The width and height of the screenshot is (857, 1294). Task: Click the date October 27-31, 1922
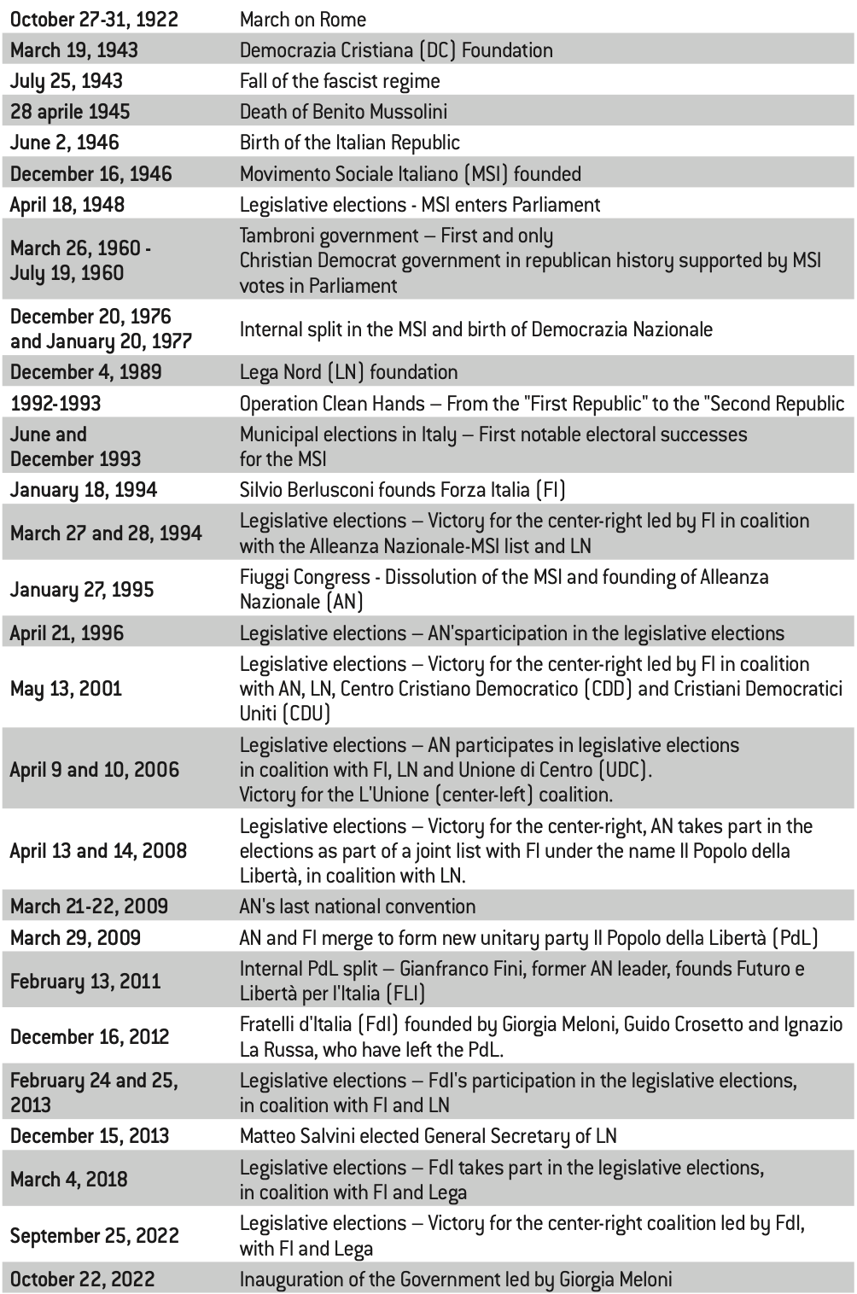click(94, 19)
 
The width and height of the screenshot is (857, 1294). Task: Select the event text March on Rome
click(303, 19)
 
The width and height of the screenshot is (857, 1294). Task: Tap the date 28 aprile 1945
click(70, 112)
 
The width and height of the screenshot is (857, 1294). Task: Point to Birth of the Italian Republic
click(349, 143)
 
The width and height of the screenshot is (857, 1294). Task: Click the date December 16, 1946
click(90, 174)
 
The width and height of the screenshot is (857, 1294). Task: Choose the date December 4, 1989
click(85, 372)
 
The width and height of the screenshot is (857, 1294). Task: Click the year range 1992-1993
click(55, 404)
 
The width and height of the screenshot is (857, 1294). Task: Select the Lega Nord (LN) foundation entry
click(348, 372)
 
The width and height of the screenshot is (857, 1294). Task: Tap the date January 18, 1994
click(84, 490)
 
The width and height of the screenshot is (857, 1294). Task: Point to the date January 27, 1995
click(82, 590)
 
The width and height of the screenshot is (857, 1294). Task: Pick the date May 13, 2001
click(66, 688)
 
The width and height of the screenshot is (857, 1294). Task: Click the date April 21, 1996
click(67, 633)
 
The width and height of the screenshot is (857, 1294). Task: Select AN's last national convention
click(357, 906)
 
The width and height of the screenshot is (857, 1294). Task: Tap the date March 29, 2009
click(75, 938)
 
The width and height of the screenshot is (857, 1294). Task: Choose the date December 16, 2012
click(90, 1037)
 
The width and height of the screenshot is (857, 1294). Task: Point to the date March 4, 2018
click(68, 1180)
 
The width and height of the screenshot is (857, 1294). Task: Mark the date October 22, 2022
click(82, 1279)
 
